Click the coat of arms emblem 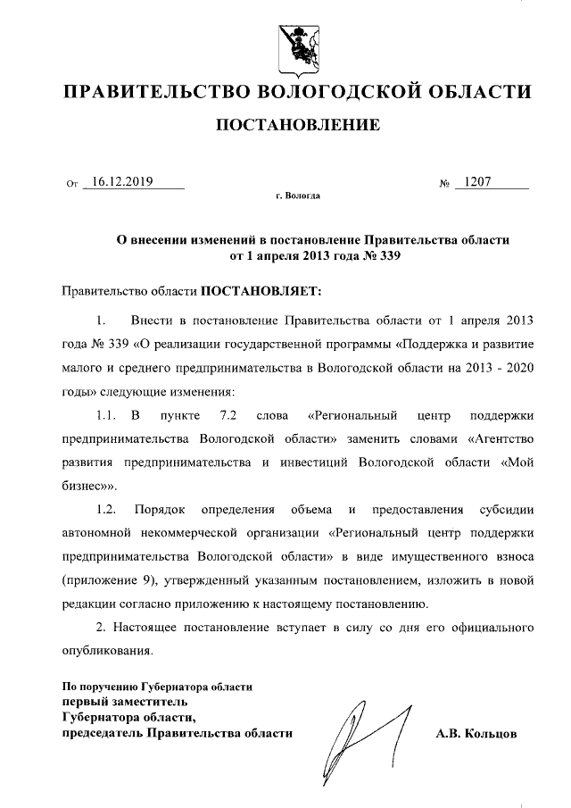[295, 45]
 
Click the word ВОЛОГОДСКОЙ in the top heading [344, 91]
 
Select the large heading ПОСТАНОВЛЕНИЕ [298, 125]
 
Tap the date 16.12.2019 [122, 182]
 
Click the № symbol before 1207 [443, 185]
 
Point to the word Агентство [500, 439]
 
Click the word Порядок [160, 510]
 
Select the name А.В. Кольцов [476, 733]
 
